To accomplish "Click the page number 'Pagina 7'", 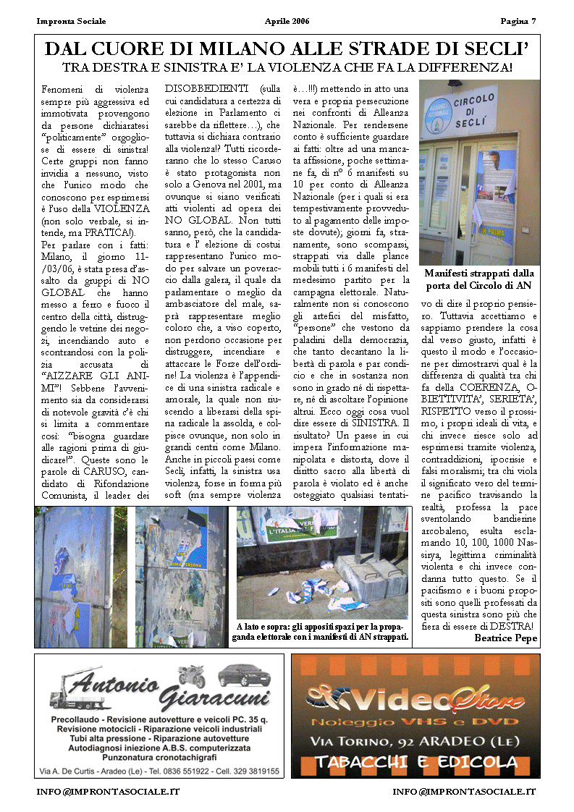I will click(x=518, y=20).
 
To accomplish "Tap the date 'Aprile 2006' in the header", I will click(x=287, y=20).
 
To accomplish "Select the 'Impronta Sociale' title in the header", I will click(x=71, y=20).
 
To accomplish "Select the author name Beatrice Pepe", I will click(x=506, y=638).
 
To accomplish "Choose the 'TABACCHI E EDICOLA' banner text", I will click(x=415, y=762).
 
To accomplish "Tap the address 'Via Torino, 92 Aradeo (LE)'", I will click(x=415, y=741).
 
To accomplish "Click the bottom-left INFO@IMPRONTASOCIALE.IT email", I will click(x=108, y=791).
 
